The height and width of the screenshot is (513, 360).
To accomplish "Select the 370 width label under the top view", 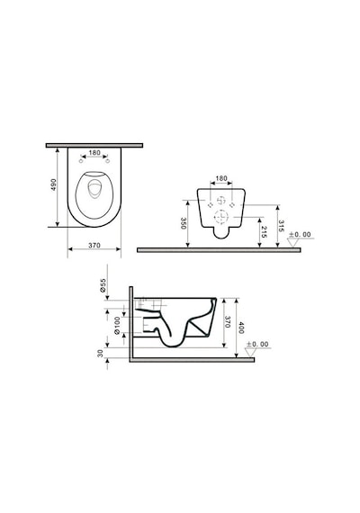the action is click(x=94, y=245).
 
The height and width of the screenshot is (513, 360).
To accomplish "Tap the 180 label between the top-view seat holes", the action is click(x=94, y=153).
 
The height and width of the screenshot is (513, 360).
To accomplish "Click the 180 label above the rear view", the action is click(x=221, y=178).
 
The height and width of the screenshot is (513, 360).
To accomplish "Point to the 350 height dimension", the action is click(x=184, y=223).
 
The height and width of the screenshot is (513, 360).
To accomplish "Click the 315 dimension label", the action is click(x=281, y=226).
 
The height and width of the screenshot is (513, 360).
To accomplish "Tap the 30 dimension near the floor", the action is click(x=101, y=353).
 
